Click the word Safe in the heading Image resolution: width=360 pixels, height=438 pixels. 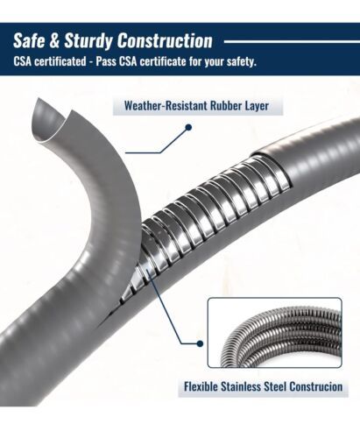[x=29, y=40]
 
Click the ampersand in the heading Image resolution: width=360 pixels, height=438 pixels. [x=54, y=40]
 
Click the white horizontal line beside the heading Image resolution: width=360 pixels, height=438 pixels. [x=292, y=42]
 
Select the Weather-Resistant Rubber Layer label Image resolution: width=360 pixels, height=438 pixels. [x=196, y=106]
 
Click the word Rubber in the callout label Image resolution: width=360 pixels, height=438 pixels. [x=226, y=106]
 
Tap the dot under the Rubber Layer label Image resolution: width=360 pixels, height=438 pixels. [x=188, y=127]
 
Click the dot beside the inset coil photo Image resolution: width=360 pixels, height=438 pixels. [x=200, y=343]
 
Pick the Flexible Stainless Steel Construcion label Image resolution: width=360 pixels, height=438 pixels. [x=263, y=386]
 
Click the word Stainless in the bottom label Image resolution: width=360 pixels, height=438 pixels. [x=241, y=386]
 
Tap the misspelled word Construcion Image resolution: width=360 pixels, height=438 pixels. [x=316, y=386]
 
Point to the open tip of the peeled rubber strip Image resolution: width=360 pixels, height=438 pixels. [x=48, y=121]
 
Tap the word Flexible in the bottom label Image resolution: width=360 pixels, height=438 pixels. [x=201, y=386]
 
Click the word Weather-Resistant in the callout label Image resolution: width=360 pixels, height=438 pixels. [x=166, y=106]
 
